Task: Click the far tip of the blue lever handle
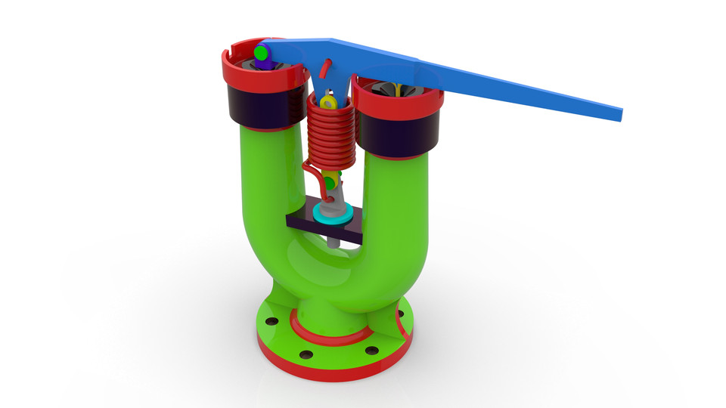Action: coord(619,114)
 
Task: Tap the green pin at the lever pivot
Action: coord(262,53)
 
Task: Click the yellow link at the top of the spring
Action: coord(327,101)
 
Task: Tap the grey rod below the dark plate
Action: coord(334,241)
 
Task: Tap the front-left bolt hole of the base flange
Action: coord(306,354)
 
